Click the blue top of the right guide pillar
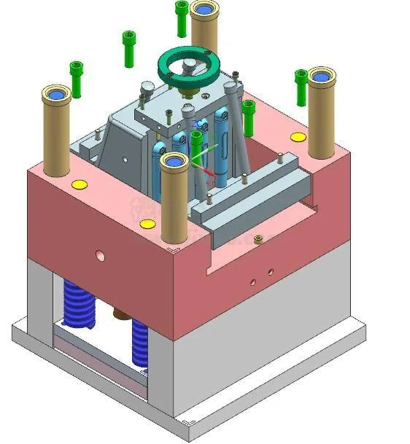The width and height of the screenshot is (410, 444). tap(321, 74)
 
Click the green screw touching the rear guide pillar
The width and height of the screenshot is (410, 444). tap(182, 17)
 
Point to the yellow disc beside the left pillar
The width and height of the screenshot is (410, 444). tap(79, 184)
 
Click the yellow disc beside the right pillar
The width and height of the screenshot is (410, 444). tap(298, 137)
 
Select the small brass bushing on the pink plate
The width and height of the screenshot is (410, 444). tap(258, 238)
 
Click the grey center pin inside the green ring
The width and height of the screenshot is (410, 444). tap(188, 67)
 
